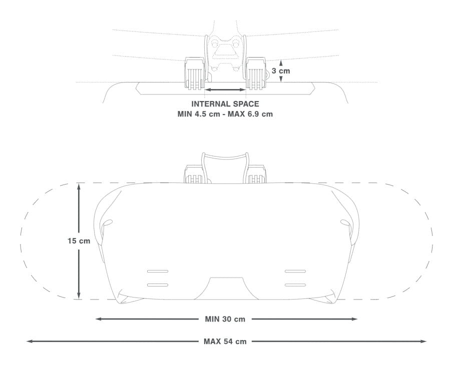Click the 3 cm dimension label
(x=280, y=70)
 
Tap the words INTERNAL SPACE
(x=225, y=104)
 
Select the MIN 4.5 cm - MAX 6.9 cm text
(x=225, y=114)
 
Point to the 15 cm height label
(x=79, y=240)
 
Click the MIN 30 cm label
(x=225, y=319)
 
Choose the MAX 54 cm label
(x=225, y=341)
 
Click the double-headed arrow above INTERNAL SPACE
(x=225, y=90)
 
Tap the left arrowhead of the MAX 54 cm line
(x=29, y=341)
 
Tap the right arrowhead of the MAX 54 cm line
(x=423, y=341)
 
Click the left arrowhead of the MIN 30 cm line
(x=98, y=319)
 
